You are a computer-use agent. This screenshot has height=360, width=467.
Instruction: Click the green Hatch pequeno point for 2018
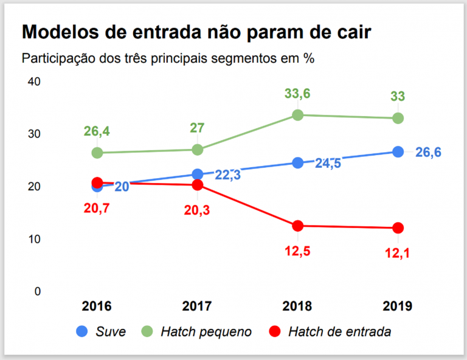coord(298,115)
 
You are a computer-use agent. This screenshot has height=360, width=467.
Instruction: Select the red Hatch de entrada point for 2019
coord(398,228)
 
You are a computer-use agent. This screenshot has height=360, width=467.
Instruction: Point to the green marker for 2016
coord(97,153)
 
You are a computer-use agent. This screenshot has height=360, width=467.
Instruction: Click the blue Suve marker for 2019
coord(398,151)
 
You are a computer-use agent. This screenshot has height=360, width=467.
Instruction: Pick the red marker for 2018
coord(298,226)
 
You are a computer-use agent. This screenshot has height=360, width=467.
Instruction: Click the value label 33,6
coord(298,94)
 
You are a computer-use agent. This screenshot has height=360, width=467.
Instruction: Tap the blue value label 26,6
coord(428,152)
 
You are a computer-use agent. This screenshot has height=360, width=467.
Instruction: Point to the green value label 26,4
coord(97,131)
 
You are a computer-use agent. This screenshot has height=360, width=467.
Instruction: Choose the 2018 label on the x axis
coord(298,305)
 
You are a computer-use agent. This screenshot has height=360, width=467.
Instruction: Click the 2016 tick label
coord(97,305)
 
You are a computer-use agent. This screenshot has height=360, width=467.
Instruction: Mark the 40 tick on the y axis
coord(35,81)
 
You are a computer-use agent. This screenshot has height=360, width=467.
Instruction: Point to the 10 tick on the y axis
coord(35,239)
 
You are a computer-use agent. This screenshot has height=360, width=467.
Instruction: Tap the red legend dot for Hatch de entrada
coord(275,331)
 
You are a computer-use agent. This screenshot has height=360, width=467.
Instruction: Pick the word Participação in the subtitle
coord(58,59)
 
